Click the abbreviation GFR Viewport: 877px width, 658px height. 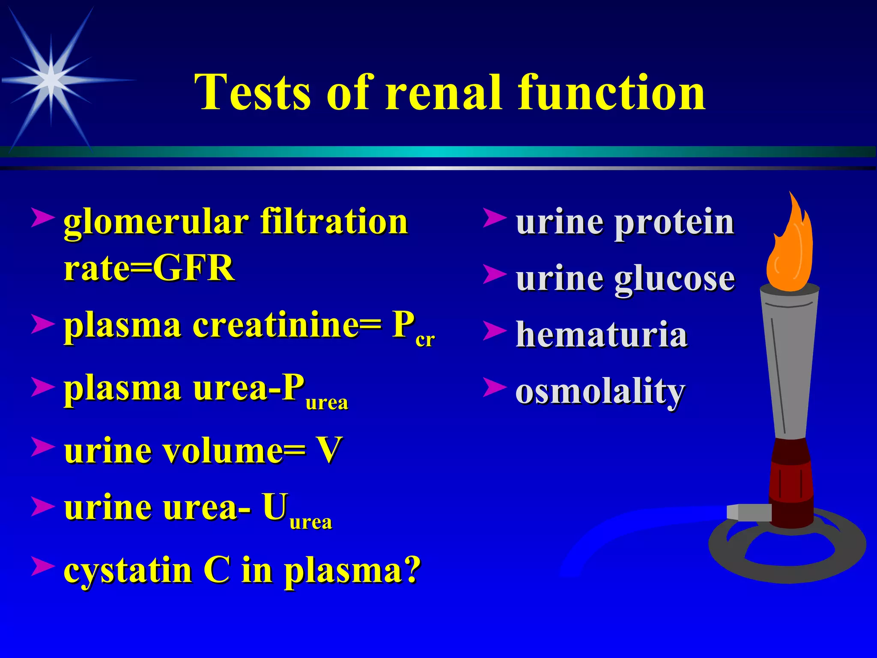coord(194,268)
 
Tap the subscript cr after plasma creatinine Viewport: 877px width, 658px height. coord(425,340)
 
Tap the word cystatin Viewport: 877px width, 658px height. coord(128,571)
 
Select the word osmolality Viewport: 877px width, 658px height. coord(600,392)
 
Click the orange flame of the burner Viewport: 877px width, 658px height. coord(790,253)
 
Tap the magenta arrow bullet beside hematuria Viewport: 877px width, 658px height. coord(495,331)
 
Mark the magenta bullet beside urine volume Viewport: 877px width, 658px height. coord(43,447)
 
